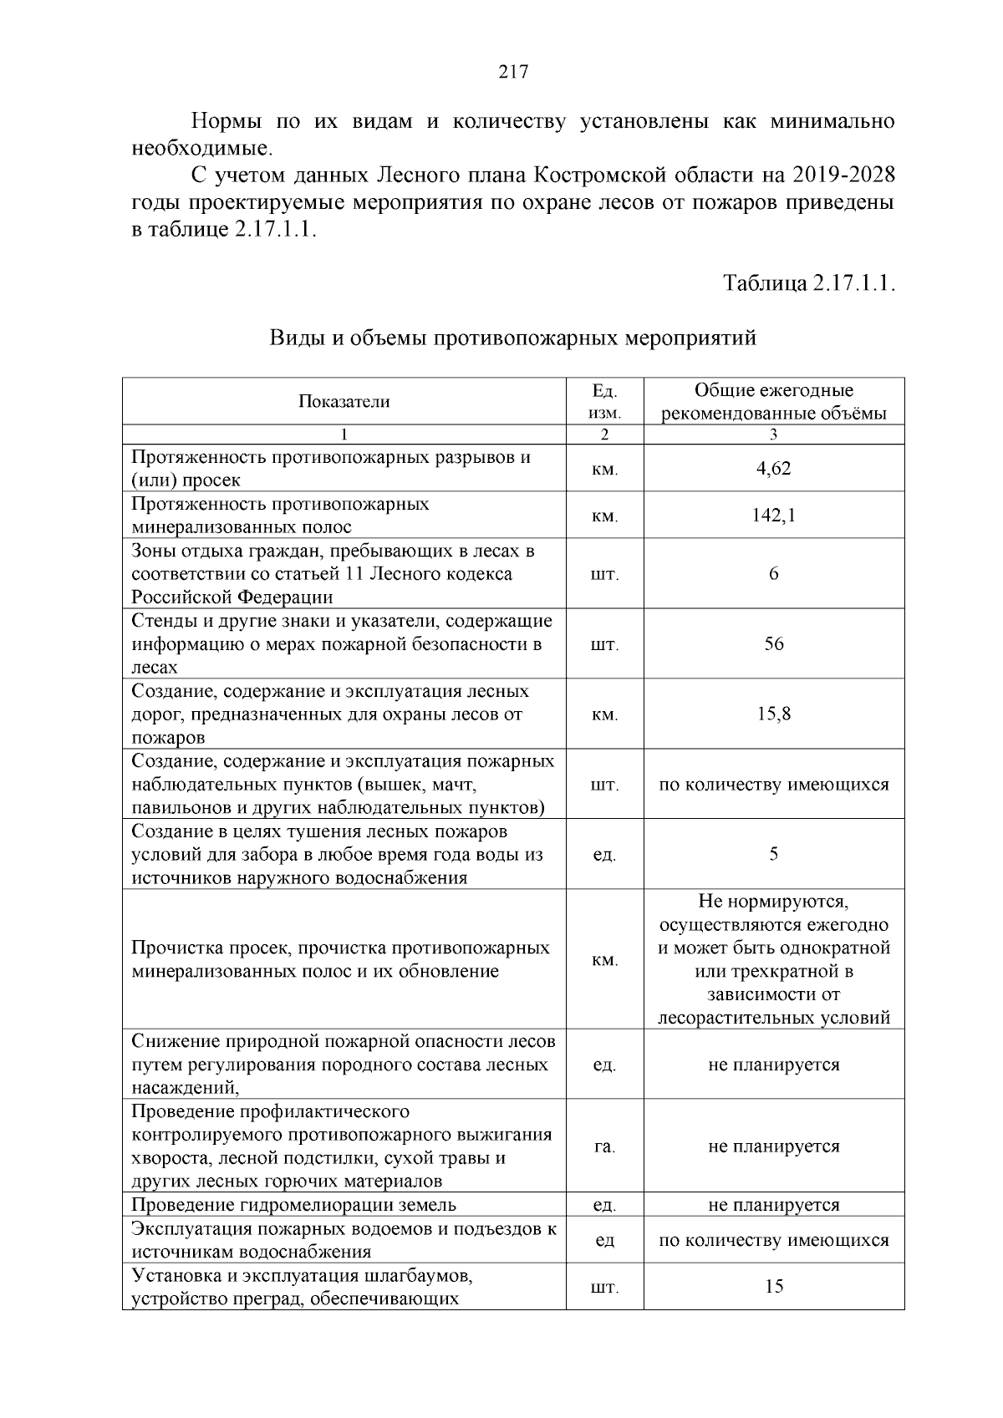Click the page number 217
tap(513, 72)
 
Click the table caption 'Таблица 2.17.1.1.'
tap(809, 282)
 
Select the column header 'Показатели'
tap(344, 402)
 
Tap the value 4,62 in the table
tap(773, 468)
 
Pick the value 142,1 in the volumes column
tap(773, 516)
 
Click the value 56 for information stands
tap(773, 644)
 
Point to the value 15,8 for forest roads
tap(773, 714)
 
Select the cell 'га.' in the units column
tap(604, 1146)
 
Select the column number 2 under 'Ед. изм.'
tap(604, 435)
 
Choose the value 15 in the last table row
tap(773, 1286)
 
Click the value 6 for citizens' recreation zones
tap(773, 574)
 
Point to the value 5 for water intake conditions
tap(773, 854)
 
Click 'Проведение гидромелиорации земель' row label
tap(294, 1205)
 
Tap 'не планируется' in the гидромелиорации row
tap(773, 1205)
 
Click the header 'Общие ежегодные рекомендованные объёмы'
tap(773, 402)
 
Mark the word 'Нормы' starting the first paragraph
tap(226, 122)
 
